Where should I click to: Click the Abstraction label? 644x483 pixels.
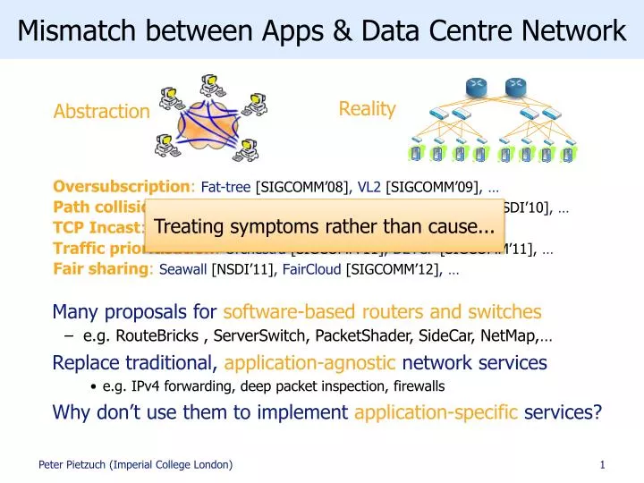click(x=101, y=112)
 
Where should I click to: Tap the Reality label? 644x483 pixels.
click(x=367, y=109)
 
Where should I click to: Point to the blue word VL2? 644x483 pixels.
click(x=370, y=188)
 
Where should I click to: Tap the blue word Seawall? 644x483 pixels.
click(x=182, y=268)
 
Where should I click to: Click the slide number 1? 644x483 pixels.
click(x=603, y=464)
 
